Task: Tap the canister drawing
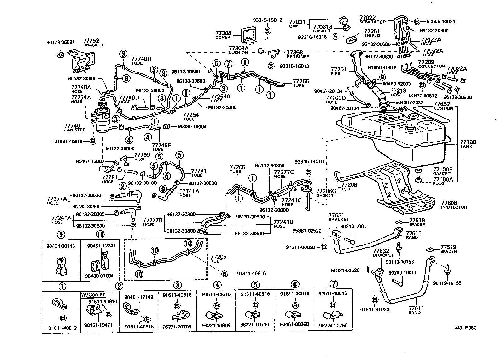pos(103,121)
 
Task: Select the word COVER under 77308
pos(223,37)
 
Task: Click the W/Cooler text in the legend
pos(93,295)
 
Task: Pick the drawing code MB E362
pos(466,328)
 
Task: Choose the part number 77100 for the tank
pos(468,142)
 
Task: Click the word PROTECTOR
pos(454,207)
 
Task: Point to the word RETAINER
pos(298,57)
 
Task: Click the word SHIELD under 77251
pos(372,36)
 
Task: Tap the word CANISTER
pos(75,130)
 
